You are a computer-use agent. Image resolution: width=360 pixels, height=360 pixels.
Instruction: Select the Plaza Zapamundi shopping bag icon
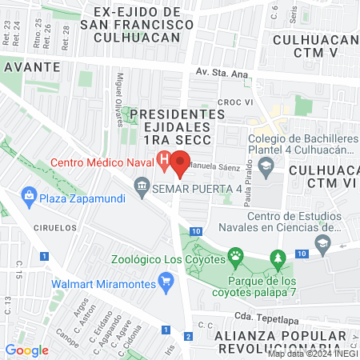pyautogui.click(x=29, y=194)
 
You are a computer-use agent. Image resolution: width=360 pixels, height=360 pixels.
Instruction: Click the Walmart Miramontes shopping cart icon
pyautogui.click(x=166, y=281)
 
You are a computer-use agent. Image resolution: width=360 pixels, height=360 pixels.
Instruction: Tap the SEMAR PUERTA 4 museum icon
pyautogui.click(x=142, y=189)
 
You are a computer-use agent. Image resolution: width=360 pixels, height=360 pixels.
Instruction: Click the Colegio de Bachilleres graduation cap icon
pyautogui.click(x=269, y=166)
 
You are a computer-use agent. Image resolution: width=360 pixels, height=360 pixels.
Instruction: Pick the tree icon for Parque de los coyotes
pyautogui.click(x=278, y=258)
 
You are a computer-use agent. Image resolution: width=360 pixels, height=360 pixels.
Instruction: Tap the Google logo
pyautogui.click(x=26, y=350)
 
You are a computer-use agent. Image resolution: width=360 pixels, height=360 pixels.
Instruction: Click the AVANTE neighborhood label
pyautogui.click(x=30, y=66)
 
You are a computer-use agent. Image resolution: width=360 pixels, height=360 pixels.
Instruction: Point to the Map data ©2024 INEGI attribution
pyautogui.click(x=313, y=354)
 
